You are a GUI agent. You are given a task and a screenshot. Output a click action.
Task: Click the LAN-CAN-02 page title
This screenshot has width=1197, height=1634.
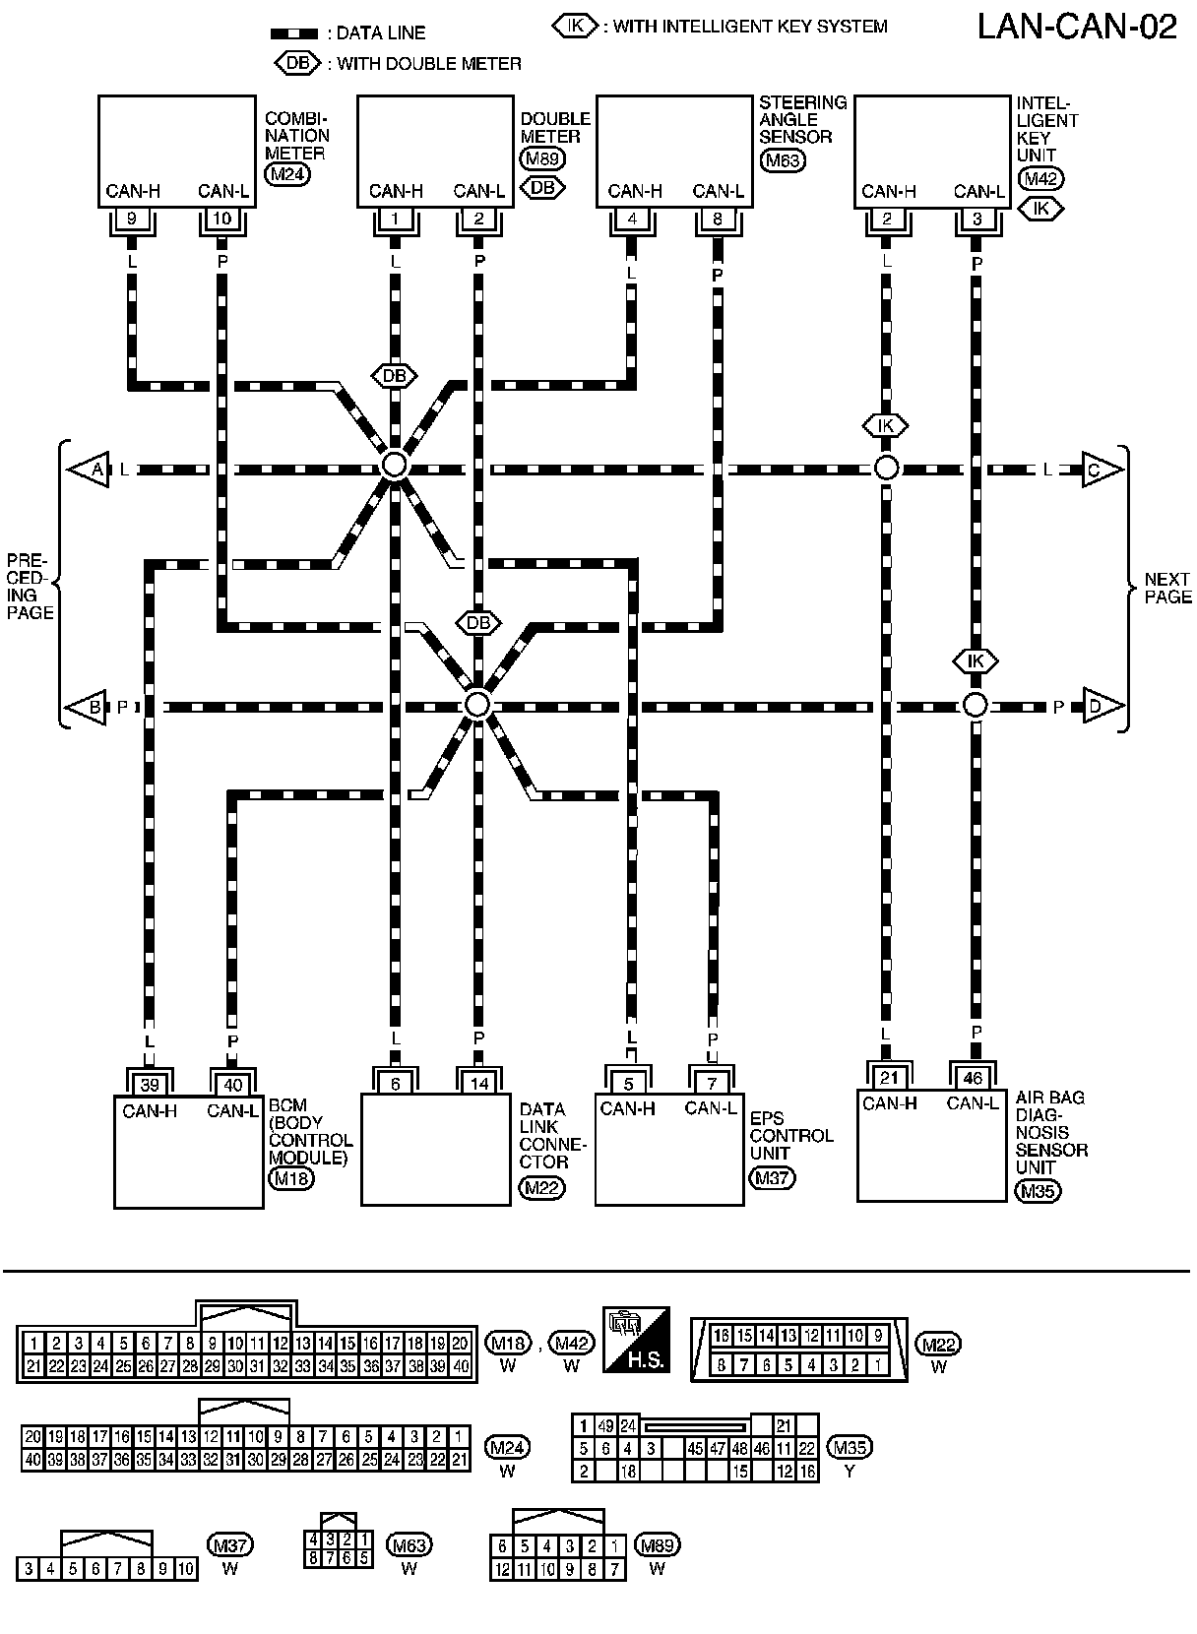tap(1077, 28)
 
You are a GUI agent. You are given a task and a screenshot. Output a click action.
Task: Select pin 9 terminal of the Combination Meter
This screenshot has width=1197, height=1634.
tap(132, 219)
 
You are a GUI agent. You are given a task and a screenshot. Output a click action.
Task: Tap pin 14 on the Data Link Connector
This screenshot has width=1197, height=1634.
tap(479, 1083)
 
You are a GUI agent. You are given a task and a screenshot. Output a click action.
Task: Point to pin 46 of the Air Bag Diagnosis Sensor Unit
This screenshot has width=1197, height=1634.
tap(973, 1078)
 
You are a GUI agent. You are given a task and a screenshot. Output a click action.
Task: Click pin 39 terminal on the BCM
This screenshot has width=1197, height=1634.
tap(150, 1085)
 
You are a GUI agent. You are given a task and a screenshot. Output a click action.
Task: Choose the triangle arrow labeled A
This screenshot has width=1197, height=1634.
tap(90, 471)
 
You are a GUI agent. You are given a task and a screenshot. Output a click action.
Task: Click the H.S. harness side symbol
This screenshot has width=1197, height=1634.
tap(636, 1340)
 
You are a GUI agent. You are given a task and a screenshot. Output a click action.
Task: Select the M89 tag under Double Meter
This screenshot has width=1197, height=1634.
tap(541, 158)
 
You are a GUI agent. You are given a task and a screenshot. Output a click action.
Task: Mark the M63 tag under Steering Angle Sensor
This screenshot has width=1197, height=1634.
tap(782, 159)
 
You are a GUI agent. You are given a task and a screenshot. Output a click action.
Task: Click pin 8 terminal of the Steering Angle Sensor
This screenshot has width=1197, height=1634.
tap(717, 219)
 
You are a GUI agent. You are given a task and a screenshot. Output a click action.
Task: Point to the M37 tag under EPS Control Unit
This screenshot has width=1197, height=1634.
tap(771, 1177)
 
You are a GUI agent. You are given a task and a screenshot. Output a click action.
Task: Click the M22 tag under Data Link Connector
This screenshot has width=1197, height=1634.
tap(542, 1188)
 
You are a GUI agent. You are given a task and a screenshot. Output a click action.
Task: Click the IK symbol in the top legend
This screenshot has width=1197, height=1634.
tap(575, 27)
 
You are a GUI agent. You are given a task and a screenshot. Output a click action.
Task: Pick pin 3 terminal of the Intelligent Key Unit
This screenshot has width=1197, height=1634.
tap(976, 219)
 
